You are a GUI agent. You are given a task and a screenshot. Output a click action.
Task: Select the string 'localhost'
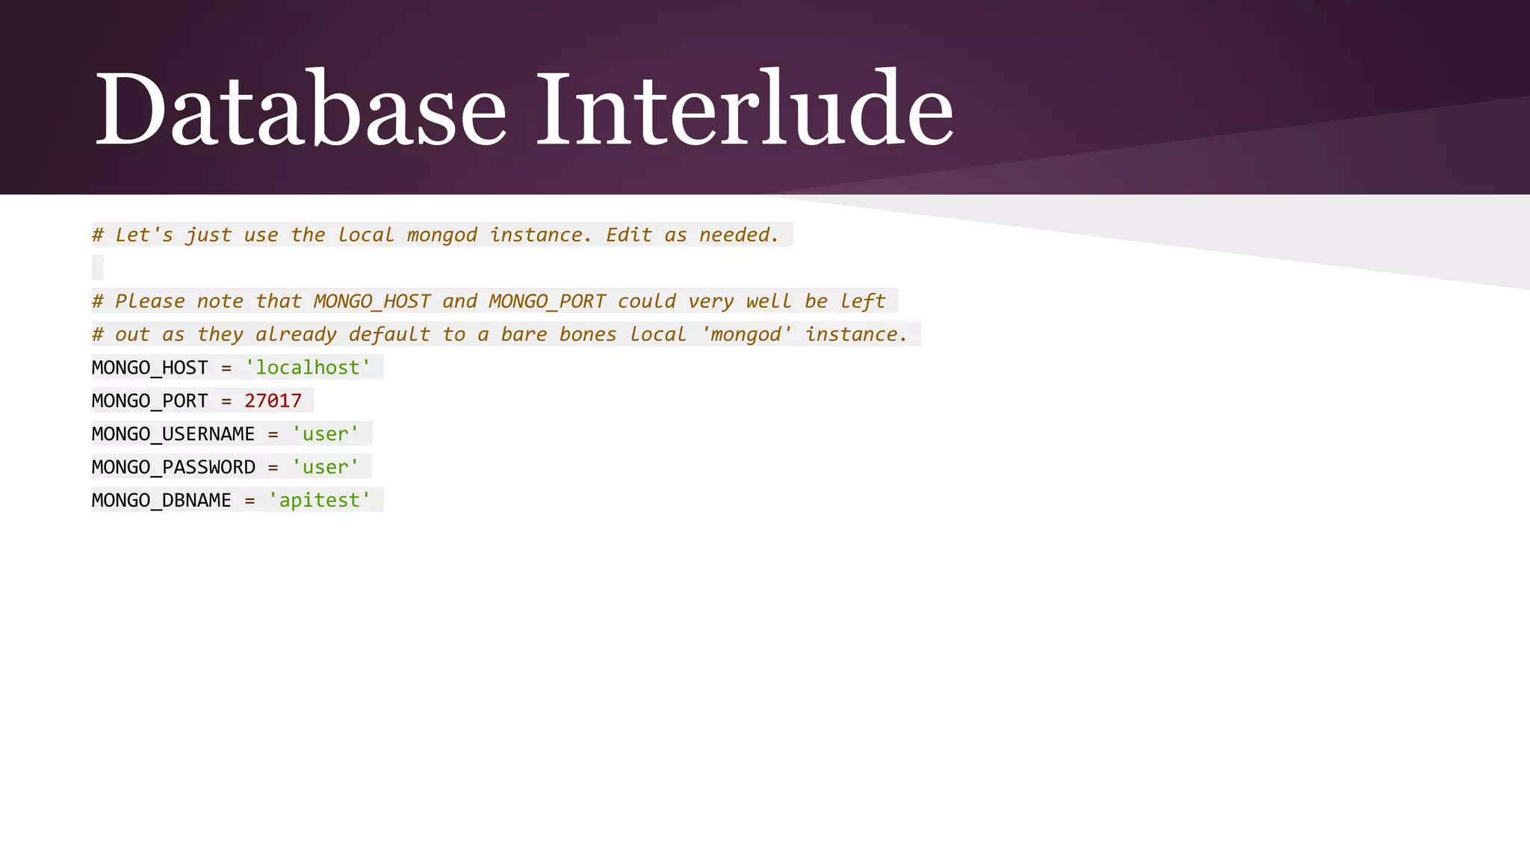click(x=308, y=368)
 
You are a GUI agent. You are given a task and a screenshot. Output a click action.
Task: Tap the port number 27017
click(x=273, y=401)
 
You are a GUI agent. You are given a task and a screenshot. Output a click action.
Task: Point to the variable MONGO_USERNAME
click(x=173, y=434)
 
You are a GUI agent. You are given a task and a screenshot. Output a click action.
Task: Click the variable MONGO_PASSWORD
click(x=173, y=467)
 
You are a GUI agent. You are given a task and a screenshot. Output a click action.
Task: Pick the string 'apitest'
click(x=320, y=500)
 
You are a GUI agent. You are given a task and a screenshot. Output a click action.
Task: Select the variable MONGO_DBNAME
click(x=161, y=500)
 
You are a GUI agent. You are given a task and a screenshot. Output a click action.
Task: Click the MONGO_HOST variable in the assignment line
click(x=149, y=368)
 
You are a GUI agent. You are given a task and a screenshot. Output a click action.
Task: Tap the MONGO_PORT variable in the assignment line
click(x=149, y=401)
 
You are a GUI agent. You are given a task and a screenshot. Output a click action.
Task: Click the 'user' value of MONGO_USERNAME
click(x=326, y=434)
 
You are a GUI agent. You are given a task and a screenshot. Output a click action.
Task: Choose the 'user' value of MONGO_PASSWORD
click(x=326, y=467)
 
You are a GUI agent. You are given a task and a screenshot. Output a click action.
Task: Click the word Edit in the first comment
click(x=629, y=235)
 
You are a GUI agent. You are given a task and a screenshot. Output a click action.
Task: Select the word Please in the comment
click(x=149, y=301)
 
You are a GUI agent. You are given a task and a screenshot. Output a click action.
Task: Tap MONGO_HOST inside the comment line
click(x=372, y=301)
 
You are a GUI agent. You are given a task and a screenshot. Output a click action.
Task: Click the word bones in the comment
click(x=588, y=335)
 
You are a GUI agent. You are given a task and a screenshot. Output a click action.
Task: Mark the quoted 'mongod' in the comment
click(x=746, y=335)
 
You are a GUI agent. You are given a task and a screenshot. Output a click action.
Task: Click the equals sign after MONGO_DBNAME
click(x=250, y=501)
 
